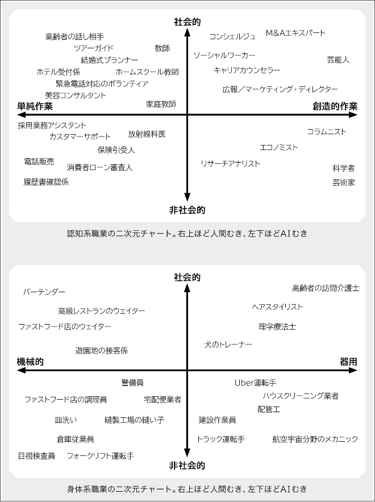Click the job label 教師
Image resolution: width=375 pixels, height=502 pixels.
point(163,48)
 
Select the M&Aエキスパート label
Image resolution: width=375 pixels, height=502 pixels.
point(295,33)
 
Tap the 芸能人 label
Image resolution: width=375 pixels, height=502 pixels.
point(338,60)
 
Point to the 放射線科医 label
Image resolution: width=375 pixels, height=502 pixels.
point(147,134)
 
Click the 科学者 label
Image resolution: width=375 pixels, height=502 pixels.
point(344,168)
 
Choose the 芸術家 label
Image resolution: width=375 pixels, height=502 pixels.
point(344,182)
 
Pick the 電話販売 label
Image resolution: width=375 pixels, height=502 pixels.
point(39,161)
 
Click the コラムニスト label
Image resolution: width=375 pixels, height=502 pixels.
point(327,132)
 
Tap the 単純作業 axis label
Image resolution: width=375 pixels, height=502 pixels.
point(35,106)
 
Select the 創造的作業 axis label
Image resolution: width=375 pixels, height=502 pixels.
point(335,106)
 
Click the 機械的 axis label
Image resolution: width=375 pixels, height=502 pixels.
point(30,362)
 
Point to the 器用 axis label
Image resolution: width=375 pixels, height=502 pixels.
point(348,362)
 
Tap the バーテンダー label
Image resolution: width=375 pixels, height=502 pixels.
point(44,292)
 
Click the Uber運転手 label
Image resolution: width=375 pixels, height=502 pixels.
point(255,383)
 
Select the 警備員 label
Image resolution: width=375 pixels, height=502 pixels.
point(132,383)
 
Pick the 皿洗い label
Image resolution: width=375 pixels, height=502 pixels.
point(66,420)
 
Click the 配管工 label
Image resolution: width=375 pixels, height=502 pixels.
point(269,409)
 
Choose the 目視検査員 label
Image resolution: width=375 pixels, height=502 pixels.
point(36,456)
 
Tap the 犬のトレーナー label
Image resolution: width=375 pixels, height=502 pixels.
point(228,345)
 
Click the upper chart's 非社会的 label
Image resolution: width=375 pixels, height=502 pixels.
point(187,210)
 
